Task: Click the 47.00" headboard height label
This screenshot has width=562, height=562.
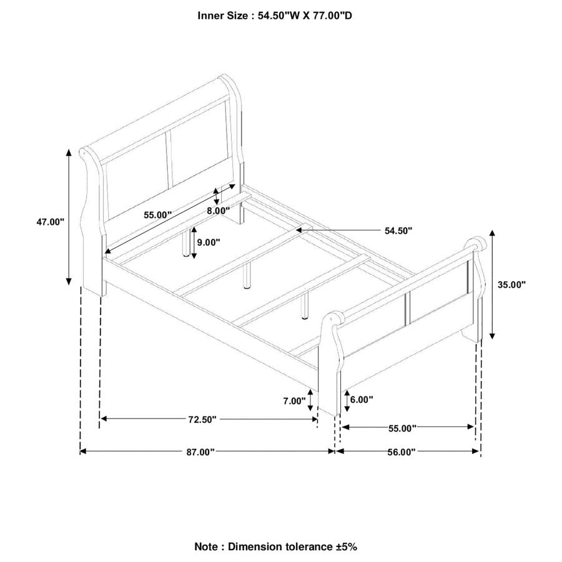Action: click(50, 222)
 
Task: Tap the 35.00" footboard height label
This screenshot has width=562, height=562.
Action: click(511, 285)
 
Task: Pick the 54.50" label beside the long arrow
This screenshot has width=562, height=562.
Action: click(398, 231)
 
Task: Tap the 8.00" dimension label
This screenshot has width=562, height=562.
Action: click(218, 211)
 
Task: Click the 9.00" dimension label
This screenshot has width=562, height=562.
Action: click(209, 242)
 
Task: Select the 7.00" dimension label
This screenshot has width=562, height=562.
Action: click(294, 401)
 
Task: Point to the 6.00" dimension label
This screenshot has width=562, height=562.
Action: click(362, 399)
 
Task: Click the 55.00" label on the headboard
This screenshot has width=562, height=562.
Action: click(158, 215)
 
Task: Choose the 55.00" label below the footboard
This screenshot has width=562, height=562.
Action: click(402, 428)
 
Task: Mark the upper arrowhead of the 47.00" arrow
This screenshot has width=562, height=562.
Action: click(69, 153)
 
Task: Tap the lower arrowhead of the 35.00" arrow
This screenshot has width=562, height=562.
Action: click(492, 335)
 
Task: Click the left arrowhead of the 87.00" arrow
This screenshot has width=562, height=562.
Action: click(83, 451)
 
